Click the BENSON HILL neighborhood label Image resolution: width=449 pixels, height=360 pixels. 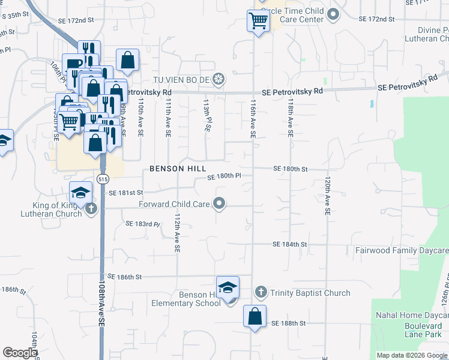pos(178,168)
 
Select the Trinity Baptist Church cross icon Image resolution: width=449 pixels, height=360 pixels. pos(261,292)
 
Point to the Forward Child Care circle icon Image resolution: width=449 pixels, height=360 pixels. pos(220,204)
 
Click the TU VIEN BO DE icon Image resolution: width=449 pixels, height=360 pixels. pos(220,79)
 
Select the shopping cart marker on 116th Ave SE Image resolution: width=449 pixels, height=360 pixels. pos(258,21)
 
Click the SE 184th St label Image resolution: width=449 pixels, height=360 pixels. pos(289,245)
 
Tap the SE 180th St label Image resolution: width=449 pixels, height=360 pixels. pos(290,169)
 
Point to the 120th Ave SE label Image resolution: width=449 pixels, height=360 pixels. pos(328,196)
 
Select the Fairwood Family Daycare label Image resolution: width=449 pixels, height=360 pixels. pos(402,250)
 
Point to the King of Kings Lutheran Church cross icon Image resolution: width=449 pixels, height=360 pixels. pos(91,209)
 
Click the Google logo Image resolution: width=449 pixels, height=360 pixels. pos(20,353)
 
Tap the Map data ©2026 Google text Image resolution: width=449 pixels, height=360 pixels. pos(411,355)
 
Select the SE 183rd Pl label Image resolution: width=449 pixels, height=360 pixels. pos(143,224)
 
